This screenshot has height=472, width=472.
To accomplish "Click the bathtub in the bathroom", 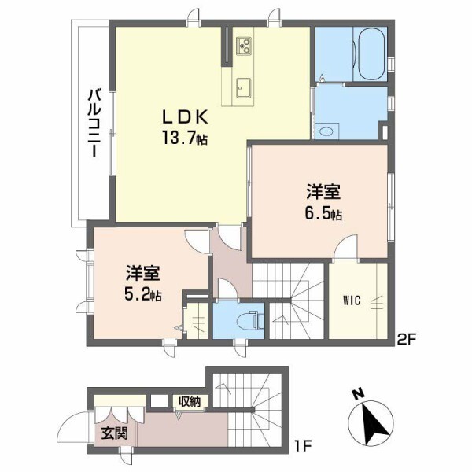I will [369, 53].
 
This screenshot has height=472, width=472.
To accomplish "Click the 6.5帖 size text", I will [324, 213].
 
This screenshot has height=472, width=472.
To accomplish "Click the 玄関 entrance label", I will [109, 432].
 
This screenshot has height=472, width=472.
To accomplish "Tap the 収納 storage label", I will [189, 402].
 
